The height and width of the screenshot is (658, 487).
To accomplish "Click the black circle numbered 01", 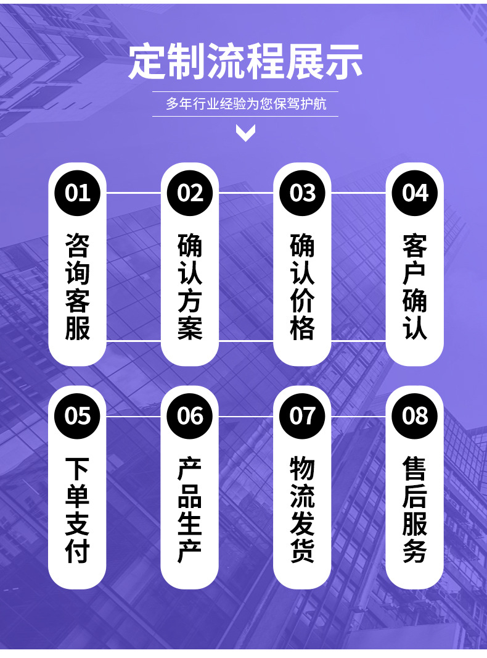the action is [77, 193].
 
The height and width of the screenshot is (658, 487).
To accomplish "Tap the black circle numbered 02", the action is [190, 193].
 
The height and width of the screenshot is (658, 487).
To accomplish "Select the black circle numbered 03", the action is [302, 193].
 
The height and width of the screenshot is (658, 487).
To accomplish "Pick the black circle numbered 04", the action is [414, 193].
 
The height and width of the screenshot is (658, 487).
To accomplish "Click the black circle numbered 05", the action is [77, 416].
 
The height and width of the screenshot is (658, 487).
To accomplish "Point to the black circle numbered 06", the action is [190, 416].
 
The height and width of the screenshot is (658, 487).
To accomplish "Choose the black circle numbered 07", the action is [302, 416].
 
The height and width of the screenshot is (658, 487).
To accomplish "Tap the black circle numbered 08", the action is [414, 416].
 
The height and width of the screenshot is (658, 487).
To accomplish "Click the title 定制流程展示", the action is [245, 62].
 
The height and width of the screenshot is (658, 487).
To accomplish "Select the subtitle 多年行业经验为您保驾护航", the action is [245, 104].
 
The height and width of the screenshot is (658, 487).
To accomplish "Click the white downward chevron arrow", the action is [245, 133].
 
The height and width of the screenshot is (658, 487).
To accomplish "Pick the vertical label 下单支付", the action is [78, 509].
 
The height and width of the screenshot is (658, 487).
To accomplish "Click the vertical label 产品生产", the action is [190, 509].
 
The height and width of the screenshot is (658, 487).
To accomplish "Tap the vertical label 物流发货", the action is [302, 509].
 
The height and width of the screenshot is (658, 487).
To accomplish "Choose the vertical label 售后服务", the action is [414, 509].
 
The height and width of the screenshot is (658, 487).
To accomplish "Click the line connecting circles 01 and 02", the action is [134, 193].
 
